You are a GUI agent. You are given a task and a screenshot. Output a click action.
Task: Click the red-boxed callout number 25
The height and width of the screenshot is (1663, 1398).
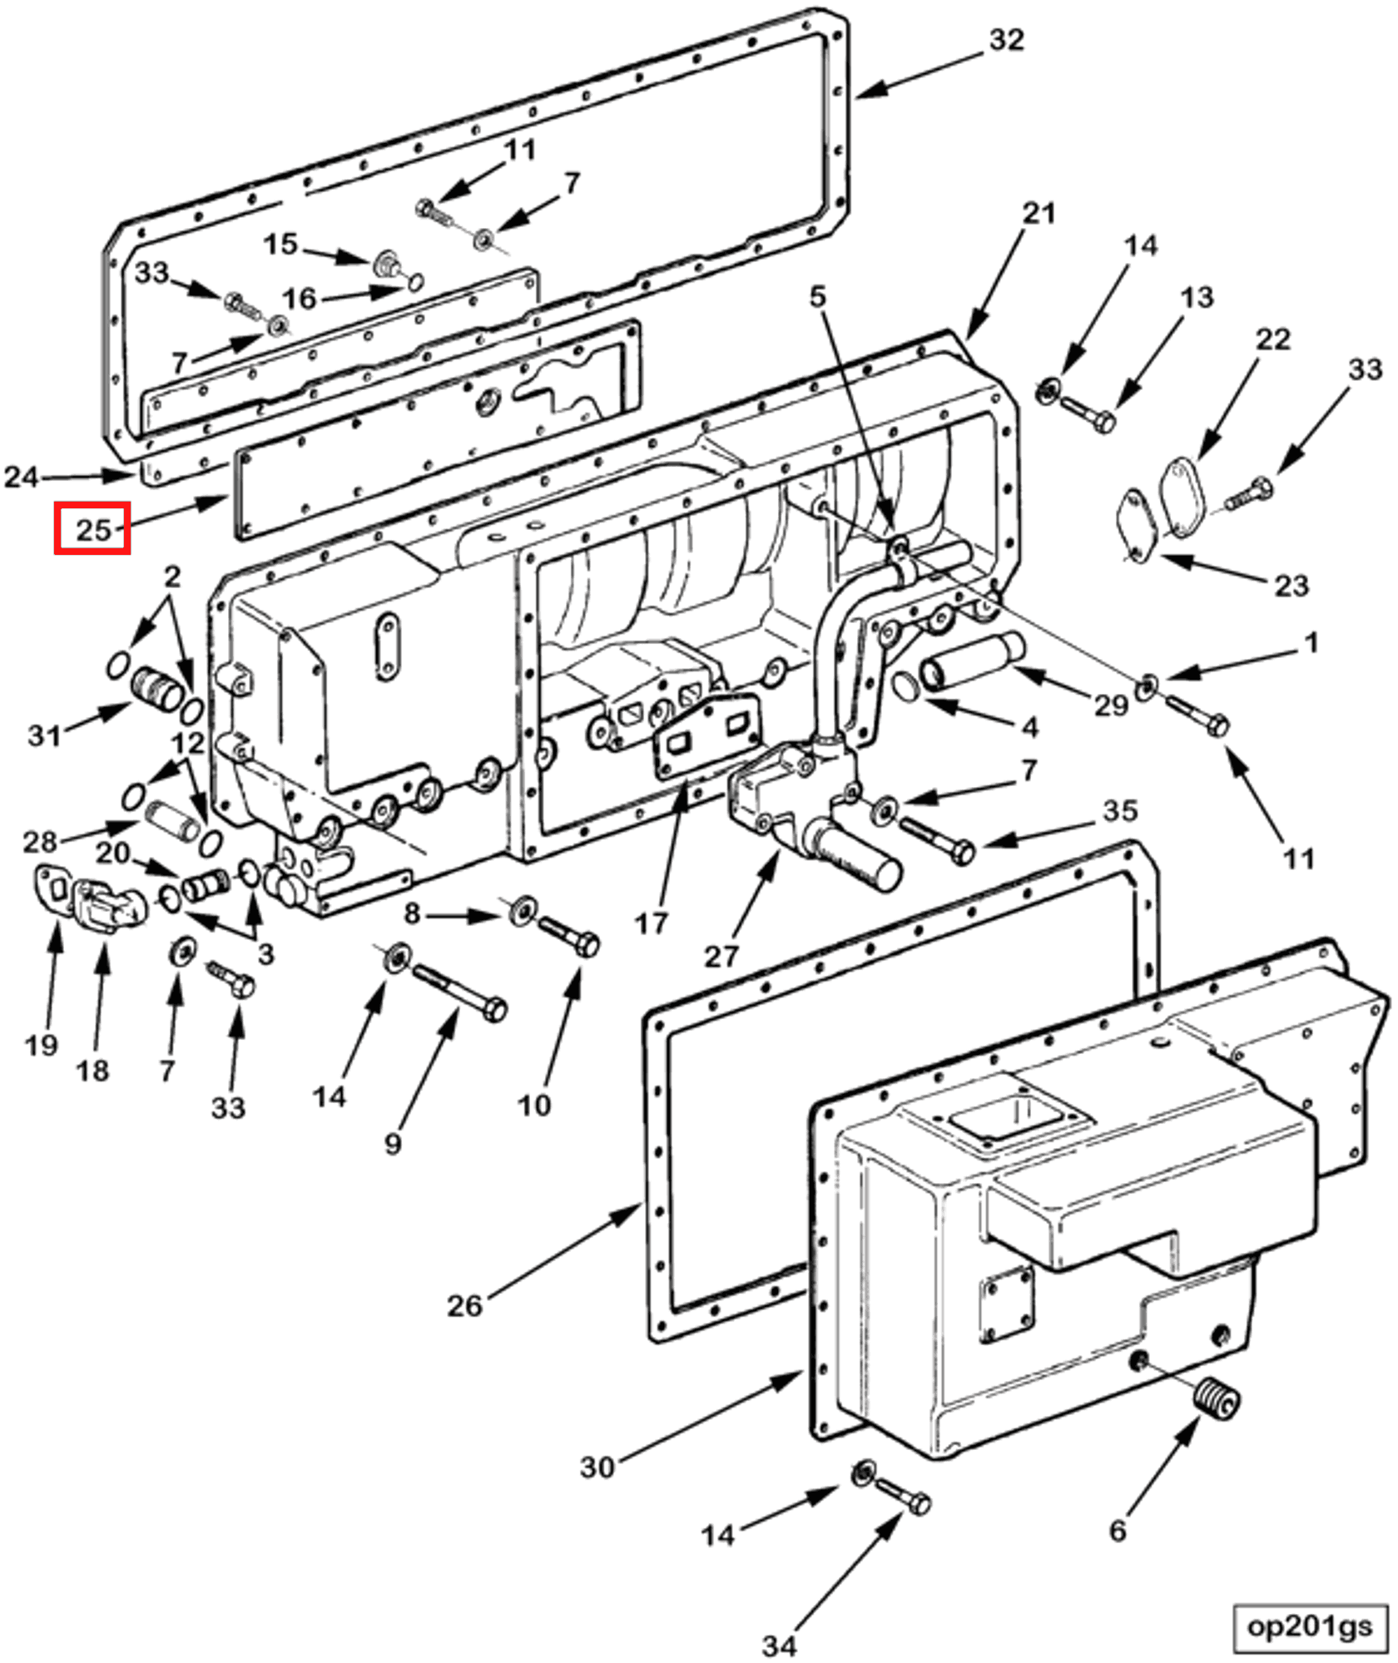coord(92,528)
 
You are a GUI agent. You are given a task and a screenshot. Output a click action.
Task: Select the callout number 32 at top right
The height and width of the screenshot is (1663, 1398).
coord(1005,40)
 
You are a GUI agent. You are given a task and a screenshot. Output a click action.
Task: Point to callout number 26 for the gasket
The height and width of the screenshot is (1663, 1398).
coord(464,1305)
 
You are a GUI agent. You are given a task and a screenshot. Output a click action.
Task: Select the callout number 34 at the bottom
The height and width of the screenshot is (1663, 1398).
coord(779,1645)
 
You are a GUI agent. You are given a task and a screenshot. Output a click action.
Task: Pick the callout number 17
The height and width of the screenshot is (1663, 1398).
coord(651,922)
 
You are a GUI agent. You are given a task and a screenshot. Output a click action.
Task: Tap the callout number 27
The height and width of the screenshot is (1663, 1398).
coord(721,956)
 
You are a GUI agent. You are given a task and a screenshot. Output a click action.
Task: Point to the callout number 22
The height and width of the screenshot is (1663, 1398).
coord(1272,339)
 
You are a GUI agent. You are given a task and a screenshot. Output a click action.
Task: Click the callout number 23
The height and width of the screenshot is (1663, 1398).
coord(1291,586)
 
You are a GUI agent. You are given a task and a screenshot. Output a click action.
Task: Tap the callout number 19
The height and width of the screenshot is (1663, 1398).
coord(42,1045)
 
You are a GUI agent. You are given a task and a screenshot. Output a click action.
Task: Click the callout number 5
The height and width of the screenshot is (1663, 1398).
coord(818,296)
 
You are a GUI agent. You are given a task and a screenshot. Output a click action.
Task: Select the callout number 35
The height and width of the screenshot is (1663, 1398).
coord(1120,809)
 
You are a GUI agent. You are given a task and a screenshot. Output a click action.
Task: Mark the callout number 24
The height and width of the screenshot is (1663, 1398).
coord(21,477)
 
